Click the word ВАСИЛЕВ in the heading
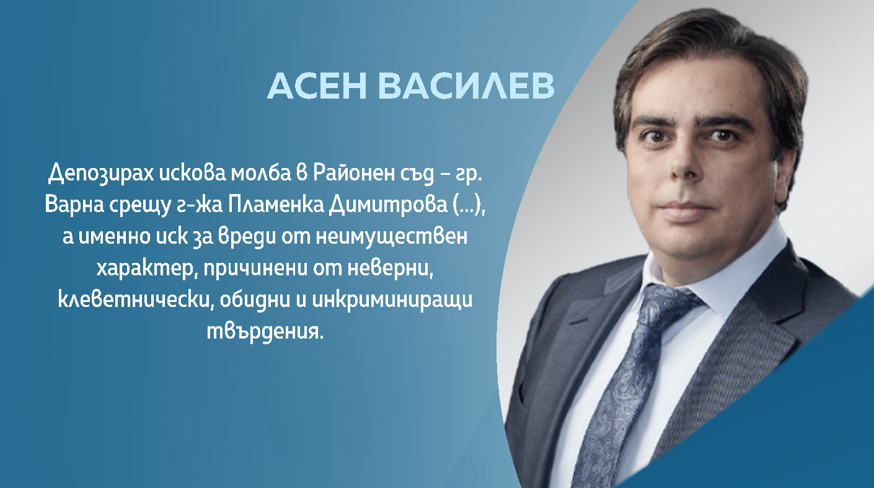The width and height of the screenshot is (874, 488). pos(466,86)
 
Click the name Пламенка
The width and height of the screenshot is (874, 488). pos(276,204)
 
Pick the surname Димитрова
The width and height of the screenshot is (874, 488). pos(388,205)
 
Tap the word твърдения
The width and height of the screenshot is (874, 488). pos(265,331)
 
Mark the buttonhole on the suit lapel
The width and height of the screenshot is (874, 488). pos(578,322)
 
